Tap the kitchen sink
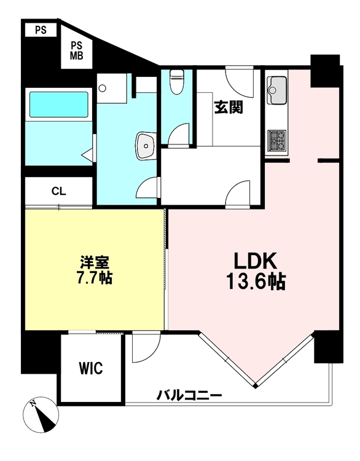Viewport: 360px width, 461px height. (277, 90)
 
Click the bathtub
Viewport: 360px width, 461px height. (59, 104)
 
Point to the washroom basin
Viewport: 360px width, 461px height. (145, 146)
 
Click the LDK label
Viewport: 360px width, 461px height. (256, 261)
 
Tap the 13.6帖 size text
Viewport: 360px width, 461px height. (256, 282)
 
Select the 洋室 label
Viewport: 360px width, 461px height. (95, 262)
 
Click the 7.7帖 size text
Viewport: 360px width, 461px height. (94, 277)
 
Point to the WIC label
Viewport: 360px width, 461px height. (91, 368)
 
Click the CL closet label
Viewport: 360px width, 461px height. (59, 191)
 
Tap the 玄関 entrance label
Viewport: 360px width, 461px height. (229, 107)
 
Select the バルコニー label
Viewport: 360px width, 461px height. (189, 395)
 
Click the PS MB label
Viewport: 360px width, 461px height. (76, 50)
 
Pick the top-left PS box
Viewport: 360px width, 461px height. (41, 30)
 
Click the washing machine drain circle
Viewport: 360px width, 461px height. (102, 88)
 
